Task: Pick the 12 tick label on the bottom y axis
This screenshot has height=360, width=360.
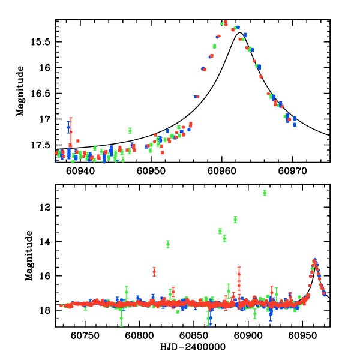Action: [46, 208]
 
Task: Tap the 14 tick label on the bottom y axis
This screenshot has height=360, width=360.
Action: [46, 242]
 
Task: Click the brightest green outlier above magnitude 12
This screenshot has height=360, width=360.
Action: [265, 193]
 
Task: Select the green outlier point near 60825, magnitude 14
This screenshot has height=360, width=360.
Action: [168, 244]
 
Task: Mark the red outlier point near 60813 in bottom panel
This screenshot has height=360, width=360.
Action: [154, 272]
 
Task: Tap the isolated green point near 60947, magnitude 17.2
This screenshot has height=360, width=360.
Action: [130, 131]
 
